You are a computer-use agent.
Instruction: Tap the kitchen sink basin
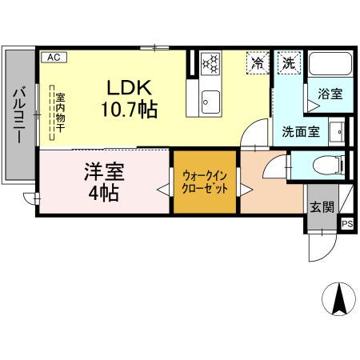click(210, 100)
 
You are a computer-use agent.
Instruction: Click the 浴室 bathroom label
click(330, 94)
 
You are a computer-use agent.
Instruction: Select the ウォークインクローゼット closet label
click(206, 183)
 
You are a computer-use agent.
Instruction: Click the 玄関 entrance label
click(322, 206)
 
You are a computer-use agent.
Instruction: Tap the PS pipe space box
click(347, 225)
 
